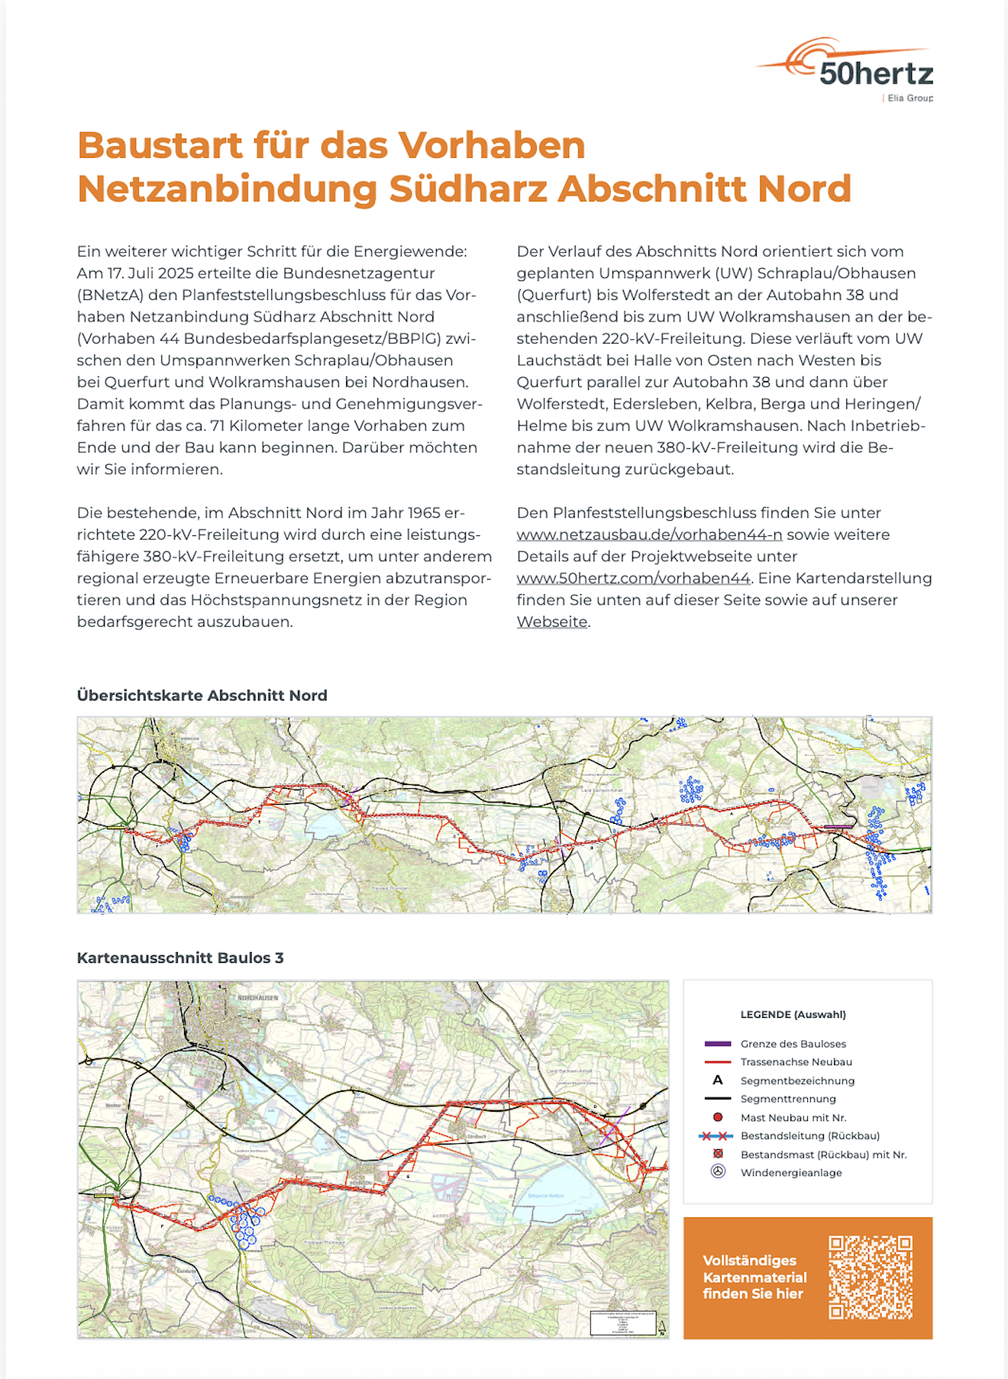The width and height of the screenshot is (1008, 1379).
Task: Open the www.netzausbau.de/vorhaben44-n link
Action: point(649,534)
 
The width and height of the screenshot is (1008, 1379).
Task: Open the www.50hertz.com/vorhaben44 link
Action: point(633,578)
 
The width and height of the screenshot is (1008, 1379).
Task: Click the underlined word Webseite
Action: point(552,622)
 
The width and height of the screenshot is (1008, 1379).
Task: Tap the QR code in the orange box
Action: point(871,1277)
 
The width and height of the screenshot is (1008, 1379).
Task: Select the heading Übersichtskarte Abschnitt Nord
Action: point(202,696)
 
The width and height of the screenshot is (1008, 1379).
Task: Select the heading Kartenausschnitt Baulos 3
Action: point(180,958)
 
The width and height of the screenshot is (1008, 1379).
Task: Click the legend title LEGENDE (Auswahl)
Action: point(793,1015)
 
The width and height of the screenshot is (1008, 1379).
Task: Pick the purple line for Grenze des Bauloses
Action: point(718,1044)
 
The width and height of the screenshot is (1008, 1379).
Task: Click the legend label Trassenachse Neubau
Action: point(796,1062)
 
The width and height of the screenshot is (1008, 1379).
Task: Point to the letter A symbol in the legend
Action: point(718,1080)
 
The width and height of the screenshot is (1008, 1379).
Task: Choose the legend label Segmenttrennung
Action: point(788,1099)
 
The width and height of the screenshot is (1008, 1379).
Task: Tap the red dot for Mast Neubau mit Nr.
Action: point(718,1117)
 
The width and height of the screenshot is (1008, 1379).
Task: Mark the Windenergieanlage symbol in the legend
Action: point(718,1171)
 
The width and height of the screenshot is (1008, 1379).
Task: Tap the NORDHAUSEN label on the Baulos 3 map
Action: point(257,998)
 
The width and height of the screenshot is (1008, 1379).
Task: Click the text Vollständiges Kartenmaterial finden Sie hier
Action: point(754,1277)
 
